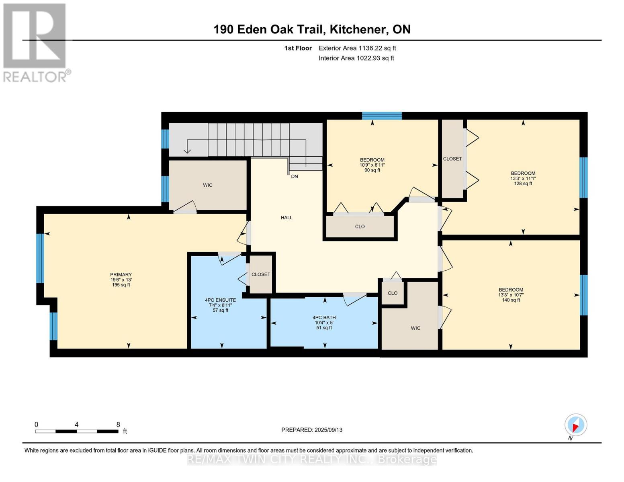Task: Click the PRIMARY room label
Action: click(x=121, y=274)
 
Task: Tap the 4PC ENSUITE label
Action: click(x=220, y=300)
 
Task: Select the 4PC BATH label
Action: click(x=324, y=317)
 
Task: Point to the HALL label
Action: click(x=286, y=218)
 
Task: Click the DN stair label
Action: click(x=295, y=177)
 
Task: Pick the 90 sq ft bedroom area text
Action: click(x=372, y=170)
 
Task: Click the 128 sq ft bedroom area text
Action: click(x=523, y=184)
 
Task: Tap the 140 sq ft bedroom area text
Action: click(x=511, y=300)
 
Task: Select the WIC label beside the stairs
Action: click(x=208, y=185)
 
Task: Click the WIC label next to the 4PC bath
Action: click(x=415, y=328)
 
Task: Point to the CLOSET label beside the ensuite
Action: click(x=261, y=274)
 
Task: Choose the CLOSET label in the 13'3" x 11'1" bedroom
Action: click(x=452, y=159)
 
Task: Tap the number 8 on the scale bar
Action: click(x=118, y=424)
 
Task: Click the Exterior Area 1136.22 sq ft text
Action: click(x=357, y=48)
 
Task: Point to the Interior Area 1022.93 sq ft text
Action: click(x=356, y=58)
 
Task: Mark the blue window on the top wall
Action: click(x=382, y=116)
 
